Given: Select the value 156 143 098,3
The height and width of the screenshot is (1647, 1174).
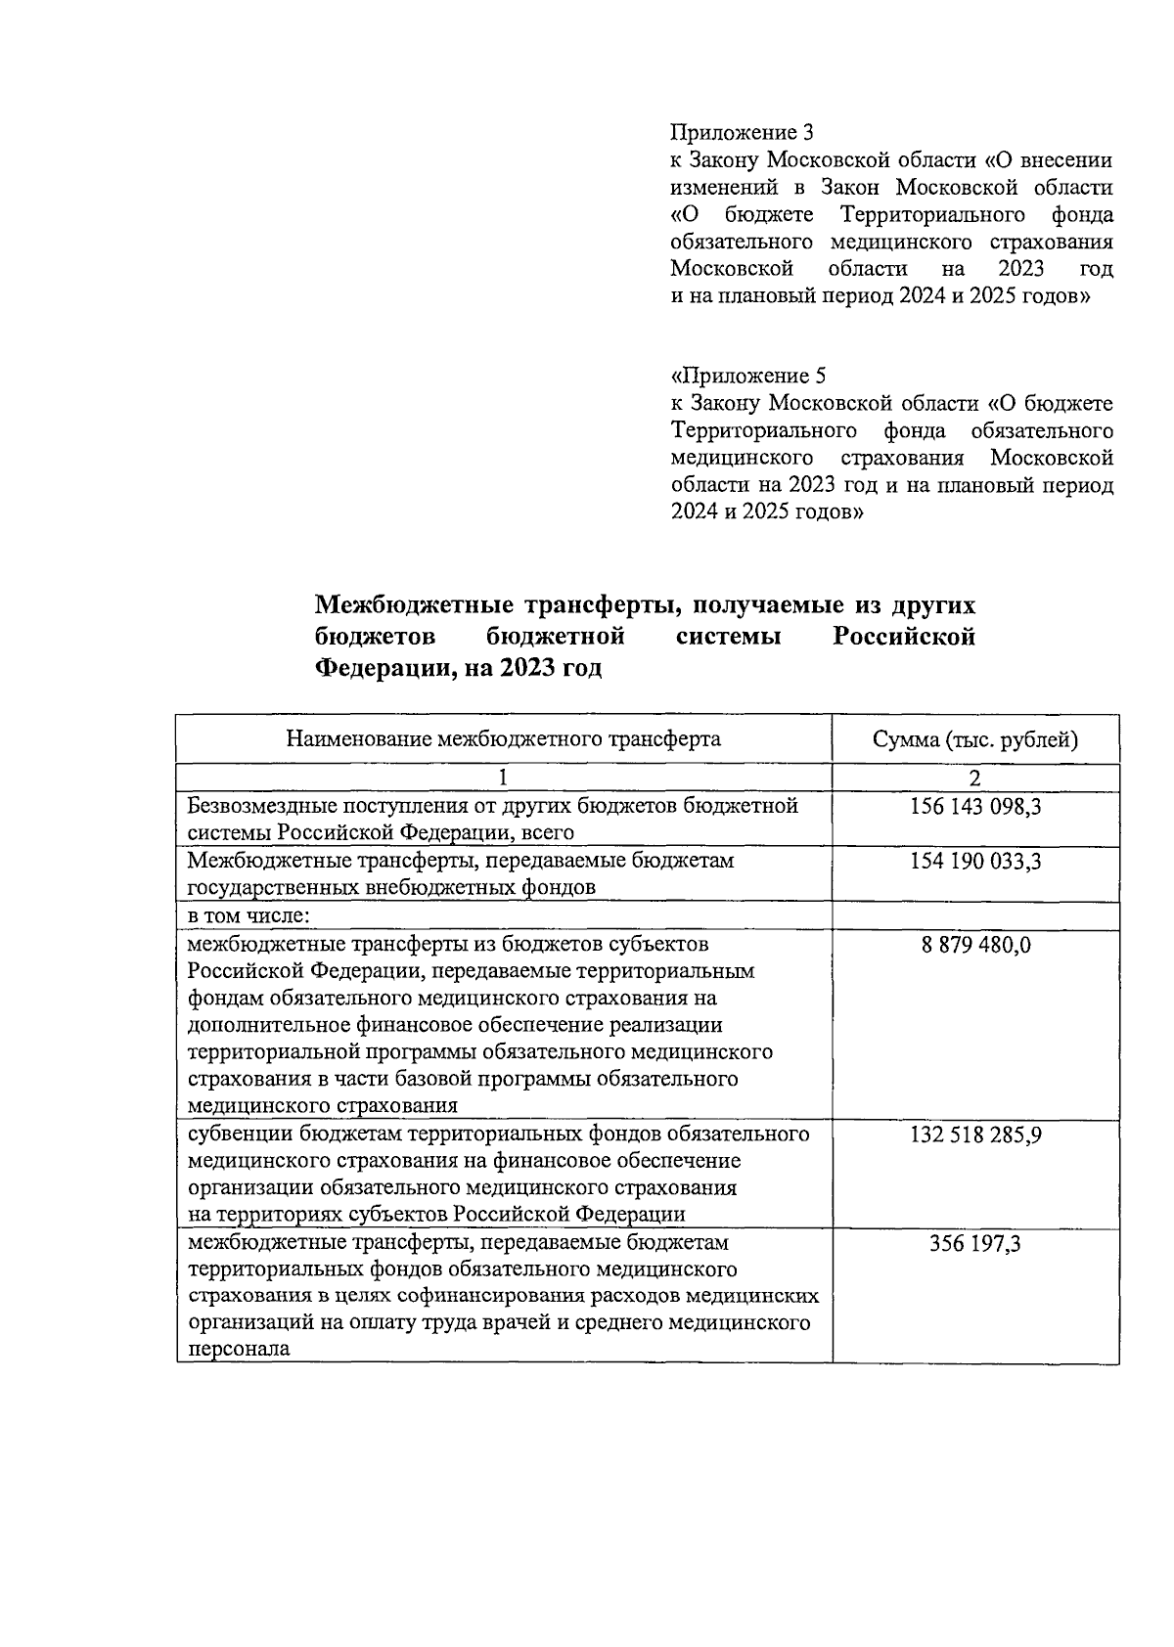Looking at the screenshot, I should (x=975, y=807).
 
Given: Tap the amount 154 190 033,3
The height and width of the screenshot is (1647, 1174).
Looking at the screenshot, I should (x=975, y=862).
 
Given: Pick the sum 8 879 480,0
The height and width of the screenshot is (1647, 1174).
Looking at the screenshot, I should (x=975, y=945).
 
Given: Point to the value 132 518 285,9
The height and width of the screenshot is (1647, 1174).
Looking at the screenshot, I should (x=975, y=1135).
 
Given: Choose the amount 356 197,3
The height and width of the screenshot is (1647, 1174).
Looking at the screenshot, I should (x=975, y=1244).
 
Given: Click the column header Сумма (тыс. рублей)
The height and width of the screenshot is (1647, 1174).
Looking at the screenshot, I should (x=975, y=739).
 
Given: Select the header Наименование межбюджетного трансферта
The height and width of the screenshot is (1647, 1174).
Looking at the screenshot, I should (x=503, y=739).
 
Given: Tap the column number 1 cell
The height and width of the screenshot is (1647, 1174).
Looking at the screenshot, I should (x=503, y=779).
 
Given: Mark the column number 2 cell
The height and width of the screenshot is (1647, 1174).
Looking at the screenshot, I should (x=975, y=779).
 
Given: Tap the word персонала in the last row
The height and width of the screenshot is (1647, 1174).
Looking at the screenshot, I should (x=238, y=1349).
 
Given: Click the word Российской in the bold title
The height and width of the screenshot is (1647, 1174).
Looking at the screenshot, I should (x=903, y=637).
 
